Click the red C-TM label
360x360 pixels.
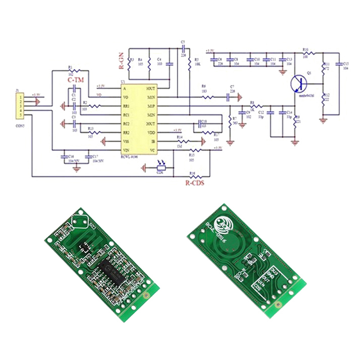click(76, 80)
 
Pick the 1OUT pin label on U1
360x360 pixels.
click(151, 89)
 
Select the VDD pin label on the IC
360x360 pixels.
click(151, 133)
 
